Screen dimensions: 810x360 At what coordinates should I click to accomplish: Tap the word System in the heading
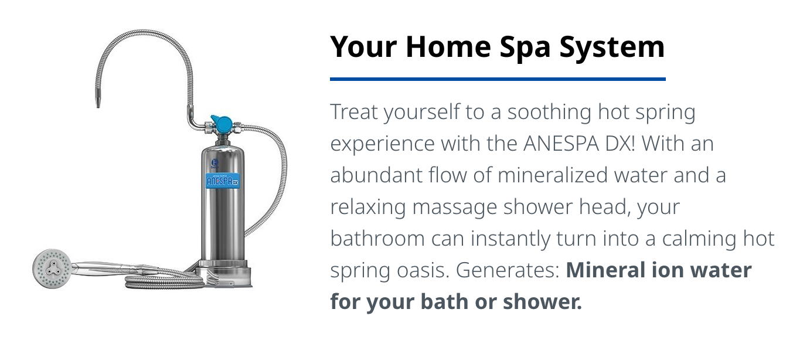(612, 47)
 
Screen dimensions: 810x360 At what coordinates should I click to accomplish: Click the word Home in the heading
(448, 47)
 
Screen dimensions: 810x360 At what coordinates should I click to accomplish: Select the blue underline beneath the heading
(498, 79)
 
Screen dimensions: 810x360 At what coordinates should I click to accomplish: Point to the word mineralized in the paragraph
(553, 175)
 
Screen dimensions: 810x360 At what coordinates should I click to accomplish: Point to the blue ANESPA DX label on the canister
(222, 181)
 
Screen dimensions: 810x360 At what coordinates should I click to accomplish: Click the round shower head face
(52, 269)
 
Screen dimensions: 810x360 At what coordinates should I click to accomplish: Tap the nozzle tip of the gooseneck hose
(98, 103)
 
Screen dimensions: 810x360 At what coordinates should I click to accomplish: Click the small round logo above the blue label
(215, 162)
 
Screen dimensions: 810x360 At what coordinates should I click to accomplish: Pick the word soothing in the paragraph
(549, 113)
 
